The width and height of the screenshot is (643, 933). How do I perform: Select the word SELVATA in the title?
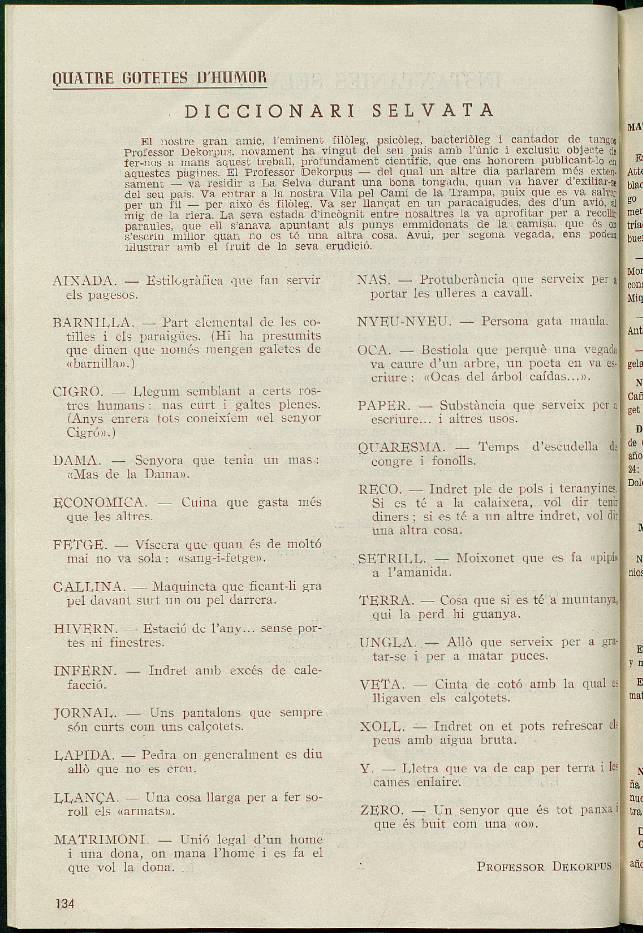click(433, 110)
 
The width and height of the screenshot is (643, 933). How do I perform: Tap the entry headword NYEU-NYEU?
click(402, 322)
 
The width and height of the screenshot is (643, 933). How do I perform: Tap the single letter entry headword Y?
click(365, 769)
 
